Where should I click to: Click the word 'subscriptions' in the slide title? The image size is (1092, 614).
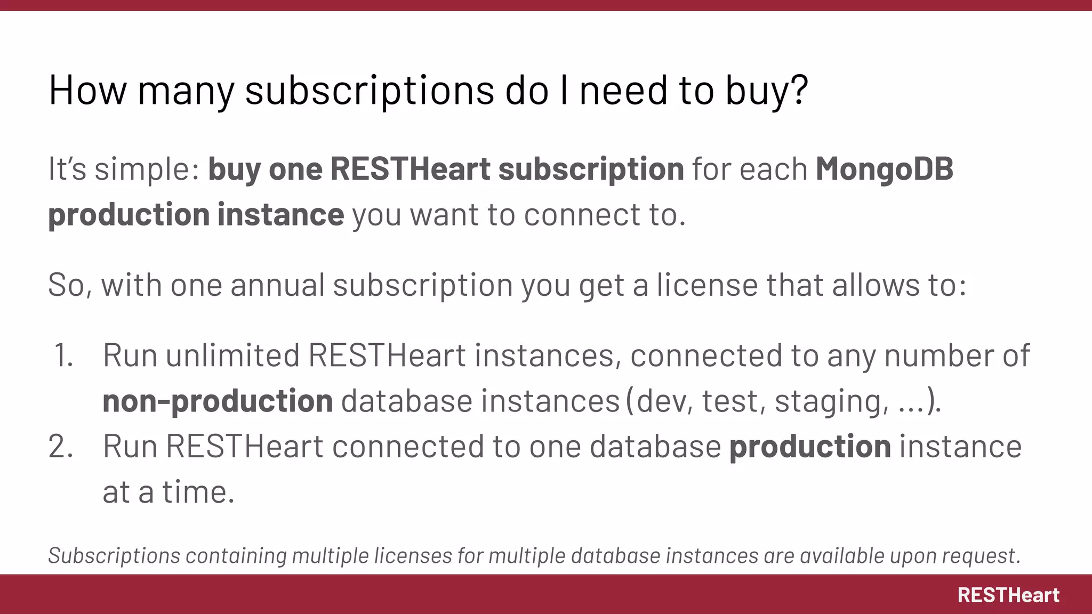click(x=370, y=90)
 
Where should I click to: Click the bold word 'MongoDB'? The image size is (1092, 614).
click(x=885, y=169)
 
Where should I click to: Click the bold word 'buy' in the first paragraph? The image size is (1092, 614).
click(x=234, y=170)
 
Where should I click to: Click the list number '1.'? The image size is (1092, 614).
click(x=63, y=356)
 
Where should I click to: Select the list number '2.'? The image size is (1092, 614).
click(x=61, y=447)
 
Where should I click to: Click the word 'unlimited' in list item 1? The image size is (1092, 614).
click(x=232, y=356)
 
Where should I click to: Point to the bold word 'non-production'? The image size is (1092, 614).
click(x=218, y=401)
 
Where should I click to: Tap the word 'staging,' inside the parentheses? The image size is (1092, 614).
click(x=832, y=401)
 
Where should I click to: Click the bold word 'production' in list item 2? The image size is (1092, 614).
click(x=810, y=447)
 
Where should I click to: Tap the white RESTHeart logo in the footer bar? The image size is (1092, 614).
click(x=1008, y=595)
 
